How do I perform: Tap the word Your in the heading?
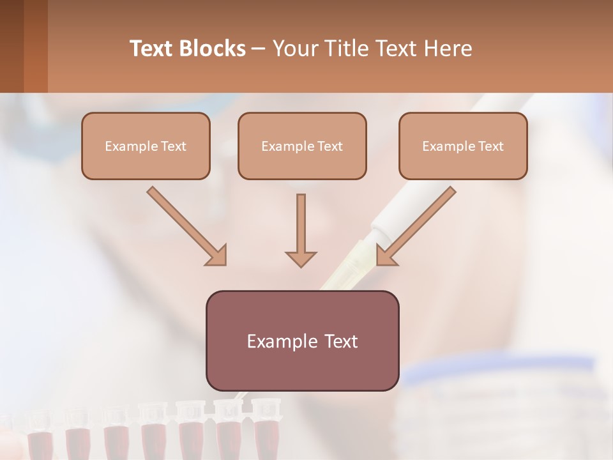(x=296, y=49)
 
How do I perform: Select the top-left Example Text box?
(x=146, y=146)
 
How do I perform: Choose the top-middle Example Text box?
(x=302, y=146)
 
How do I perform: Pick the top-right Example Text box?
(x=463, y=146)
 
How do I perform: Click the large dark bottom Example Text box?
(x=302, y=341)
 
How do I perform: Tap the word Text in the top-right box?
(x=491, y=146)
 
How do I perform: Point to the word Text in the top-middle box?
(x=330, y=146)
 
